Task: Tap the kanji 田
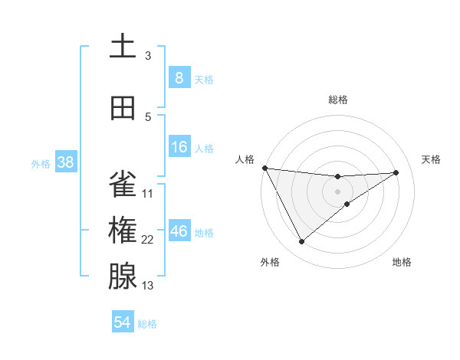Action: point(123,108)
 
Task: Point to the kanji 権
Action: point(123,231)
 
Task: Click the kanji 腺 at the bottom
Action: point(123,277)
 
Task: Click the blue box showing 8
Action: point(179,77)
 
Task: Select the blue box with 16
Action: point(179,147)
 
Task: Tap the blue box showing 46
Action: point(179,231)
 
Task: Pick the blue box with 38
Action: point(65,162)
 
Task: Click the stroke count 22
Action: point(148,240)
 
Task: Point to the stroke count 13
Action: point(148,286)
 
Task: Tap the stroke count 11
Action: point(148,194)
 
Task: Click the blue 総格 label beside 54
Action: point(147,324)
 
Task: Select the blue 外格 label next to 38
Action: point(41,163)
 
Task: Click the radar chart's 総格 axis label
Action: point(338,100)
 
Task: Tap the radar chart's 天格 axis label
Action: point(431,159)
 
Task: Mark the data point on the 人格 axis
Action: point(264,168)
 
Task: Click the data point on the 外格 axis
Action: point(301,242)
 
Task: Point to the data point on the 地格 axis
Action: point(347,204)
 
